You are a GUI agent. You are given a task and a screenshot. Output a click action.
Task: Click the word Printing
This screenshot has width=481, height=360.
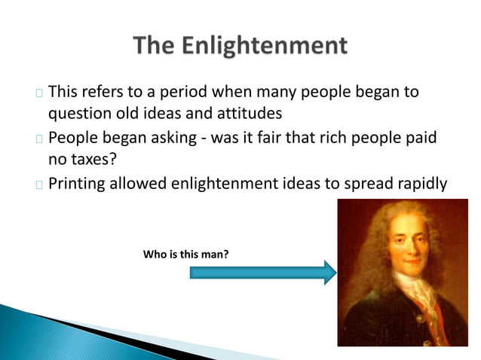[78, 185]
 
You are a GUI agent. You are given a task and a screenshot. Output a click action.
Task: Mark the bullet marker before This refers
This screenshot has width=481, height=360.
[38, 94]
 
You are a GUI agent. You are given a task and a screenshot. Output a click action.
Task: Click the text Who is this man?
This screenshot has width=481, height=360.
[185, 255]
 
